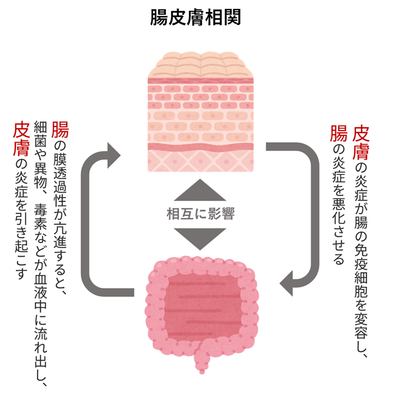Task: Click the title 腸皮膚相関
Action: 196,17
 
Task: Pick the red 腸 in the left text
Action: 60,131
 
